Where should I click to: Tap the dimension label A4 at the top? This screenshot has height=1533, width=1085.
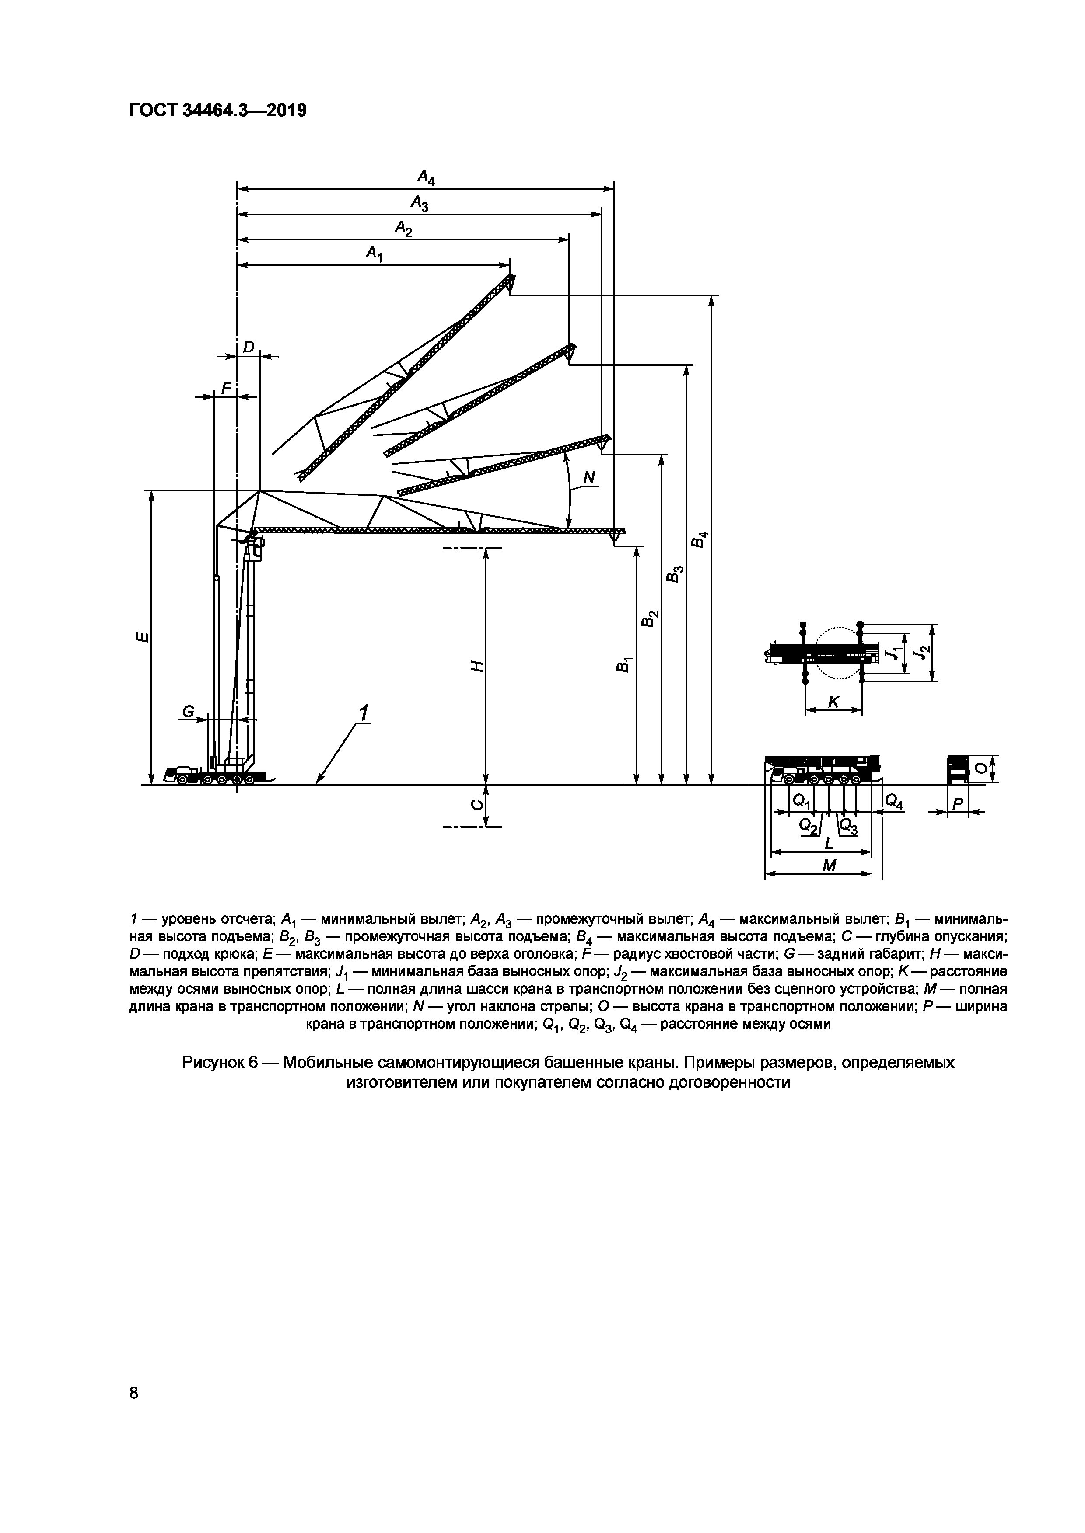click(426, 177)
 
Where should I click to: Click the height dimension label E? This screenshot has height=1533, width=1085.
click(141, 637)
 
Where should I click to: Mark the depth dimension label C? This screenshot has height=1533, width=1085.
click(476, 805)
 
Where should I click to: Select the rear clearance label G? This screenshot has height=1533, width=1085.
click(189, 713)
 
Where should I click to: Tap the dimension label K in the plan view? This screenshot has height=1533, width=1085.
click(833, 702)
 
